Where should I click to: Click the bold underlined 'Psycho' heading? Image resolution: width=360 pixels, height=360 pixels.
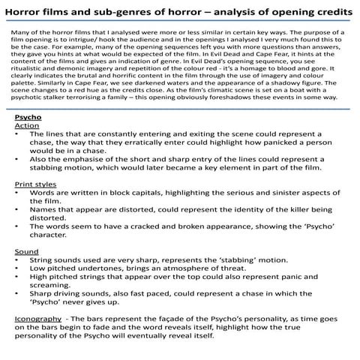tap(28, 118)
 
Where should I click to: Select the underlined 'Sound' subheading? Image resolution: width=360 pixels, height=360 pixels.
tap(27, 251)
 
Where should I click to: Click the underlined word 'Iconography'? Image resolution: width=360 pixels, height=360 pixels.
tap(37, 319)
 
